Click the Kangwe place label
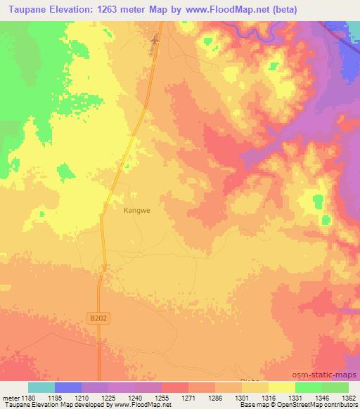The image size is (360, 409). (137, 209)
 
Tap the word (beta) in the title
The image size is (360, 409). (281, 10)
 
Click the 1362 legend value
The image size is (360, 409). (340, 397)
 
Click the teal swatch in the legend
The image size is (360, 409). (41, 387)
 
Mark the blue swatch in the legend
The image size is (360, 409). (67, 387)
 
